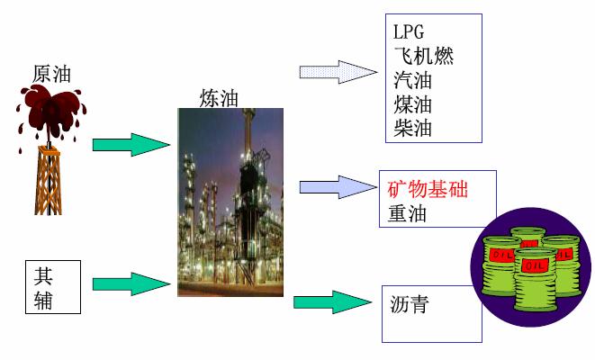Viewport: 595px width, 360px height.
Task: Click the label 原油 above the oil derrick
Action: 50,74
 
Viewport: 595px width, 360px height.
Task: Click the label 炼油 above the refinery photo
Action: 219,98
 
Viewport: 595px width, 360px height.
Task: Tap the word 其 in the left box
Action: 43,274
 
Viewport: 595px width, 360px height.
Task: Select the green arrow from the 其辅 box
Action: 131,284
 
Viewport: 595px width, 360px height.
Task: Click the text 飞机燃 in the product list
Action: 423,57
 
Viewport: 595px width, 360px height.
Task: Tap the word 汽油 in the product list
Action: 413,80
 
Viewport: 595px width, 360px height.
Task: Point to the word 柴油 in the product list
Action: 413,128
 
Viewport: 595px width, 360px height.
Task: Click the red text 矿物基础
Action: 428,190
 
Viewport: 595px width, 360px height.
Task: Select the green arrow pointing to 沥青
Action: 332,301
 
